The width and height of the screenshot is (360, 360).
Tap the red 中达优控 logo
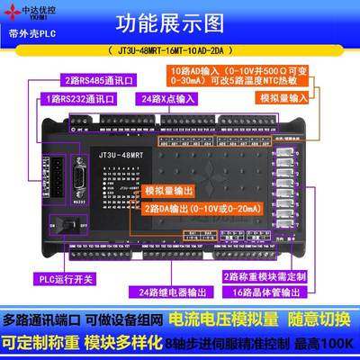click(x=30, y=13)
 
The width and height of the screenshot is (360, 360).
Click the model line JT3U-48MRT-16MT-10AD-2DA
click(x=180, y=51)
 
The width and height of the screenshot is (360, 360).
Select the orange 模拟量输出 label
click(x=170, y=193)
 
